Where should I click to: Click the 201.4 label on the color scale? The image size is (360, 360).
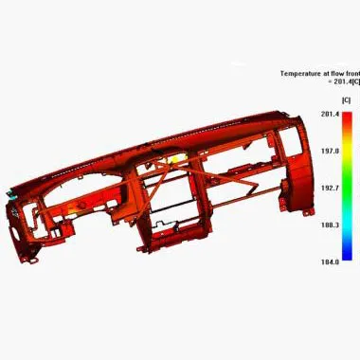pos(330,114)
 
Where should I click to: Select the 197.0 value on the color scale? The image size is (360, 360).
pos(330,151)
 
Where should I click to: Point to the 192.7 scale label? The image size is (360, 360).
pos(330,188)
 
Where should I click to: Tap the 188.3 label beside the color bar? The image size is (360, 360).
pos(330,225)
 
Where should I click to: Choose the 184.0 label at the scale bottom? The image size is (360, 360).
pos(330,261)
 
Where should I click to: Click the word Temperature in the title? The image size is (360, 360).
pos(301,73)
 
